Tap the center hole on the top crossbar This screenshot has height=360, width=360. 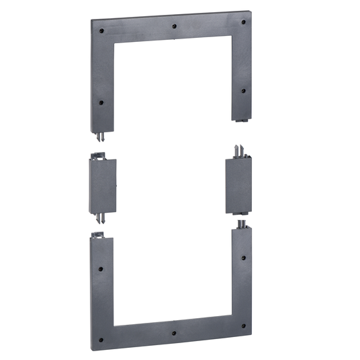pyautogui.click(x=174, y=26)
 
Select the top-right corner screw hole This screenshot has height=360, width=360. pyautogui.click(x=243, y=22)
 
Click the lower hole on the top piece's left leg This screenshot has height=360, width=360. pyautogui.click(x=101, y=103)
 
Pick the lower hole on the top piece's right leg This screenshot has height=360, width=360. pyautogui.click(x=243, y=90)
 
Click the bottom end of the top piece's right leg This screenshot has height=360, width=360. pyautogui.click(x=240, y=120)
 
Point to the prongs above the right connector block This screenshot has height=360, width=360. pyautogui.click(x=238, y=150)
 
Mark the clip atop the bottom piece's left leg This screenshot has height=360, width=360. pyautogui.click(x=97, y=234)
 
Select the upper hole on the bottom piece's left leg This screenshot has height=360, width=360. pyautogui.click(x=101, y=268)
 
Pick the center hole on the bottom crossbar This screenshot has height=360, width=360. pyautogui.click(x=174, y=334)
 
